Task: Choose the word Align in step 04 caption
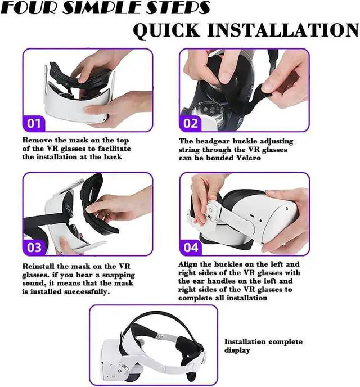(x=189, y=264)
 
